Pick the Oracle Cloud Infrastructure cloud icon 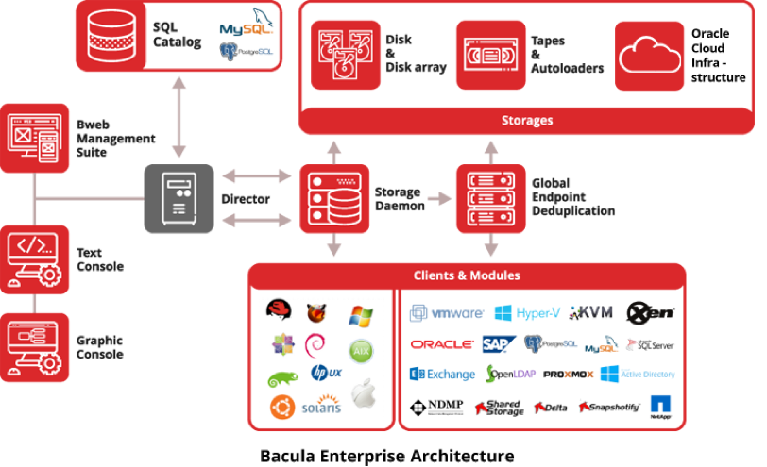(x=650, y=56)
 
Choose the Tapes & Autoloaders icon (x=491, y=56)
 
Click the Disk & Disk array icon (x=346, y=56)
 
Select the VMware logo (x=447, y=312)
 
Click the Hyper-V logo (x=528, y=312)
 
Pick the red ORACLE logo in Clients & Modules (x=442, y=344)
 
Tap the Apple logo (x=364, y=394)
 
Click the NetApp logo (x=660, y=407)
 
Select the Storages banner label (x=526, y=121)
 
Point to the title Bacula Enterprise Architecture (x=387, y=456)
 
